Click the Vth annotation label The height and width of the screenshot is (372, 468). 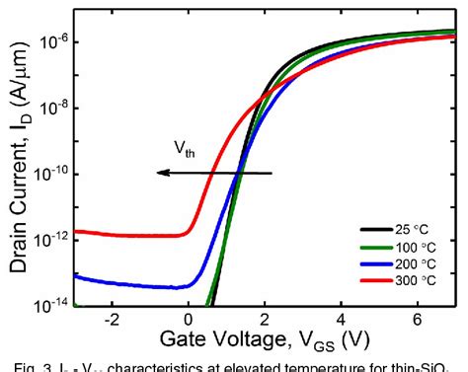185,150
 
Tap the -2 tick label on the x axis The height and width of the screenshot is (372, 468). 112,321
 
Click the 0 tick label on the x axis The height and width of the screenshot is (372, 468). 190,321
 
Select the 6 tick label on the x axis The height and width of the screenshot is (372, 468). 417,321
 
